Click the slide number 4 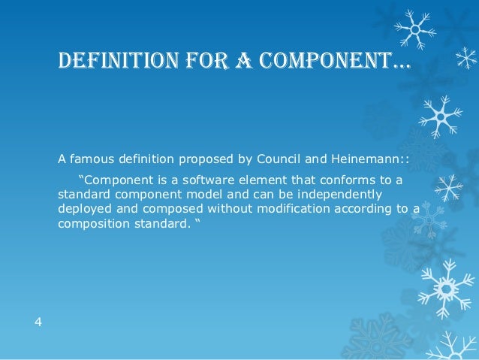[38, 322]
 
